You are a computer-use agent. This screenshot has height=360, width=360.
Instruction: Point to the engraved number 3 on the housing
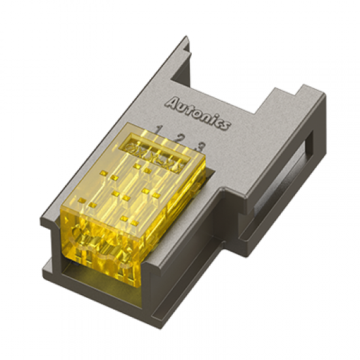coord(201,145)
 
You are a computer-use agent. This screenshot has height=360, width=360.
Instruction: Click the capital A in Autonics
coord(172,102)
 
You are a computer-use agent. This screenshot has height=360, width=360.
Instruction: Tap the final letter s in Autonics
coord(225,126)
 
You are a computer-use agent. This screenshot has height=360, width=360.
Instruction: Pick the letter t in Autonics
coord(190,109)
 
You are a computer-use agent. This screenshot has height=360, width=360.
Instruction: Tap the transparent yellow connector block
coord(131,203)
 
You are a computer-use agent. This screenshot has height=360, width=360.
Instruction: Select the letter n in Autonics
coord(206,116)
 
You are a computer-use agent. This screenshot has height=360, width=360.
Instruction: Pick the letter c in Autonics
coord(219,122)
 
